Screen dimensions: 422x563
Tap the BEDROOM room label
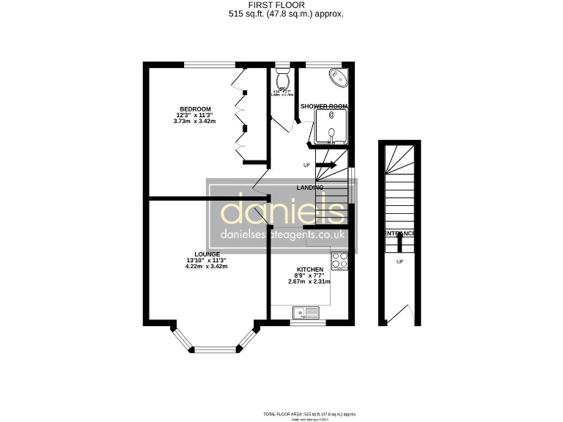[x=196, y=109]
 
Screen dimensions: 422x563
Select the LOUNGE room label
[x=207, y=254]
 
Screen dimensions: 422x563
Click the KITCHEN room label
[x=309, y=270]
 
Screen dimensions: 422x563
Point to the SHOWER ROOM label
[x=323, y=106]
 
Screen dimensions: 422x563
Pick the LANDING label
[x=310, y=188]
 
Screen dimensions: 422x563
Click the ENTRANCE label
[x=400, y=234]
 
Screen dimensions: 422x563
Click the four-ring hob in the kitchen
[x=339, y=261]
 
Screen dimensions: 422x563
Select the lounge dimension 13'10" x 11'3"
[x=207, y=260]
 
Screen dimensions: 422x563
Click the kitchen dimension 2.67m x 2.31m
[x=309, y=281]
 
